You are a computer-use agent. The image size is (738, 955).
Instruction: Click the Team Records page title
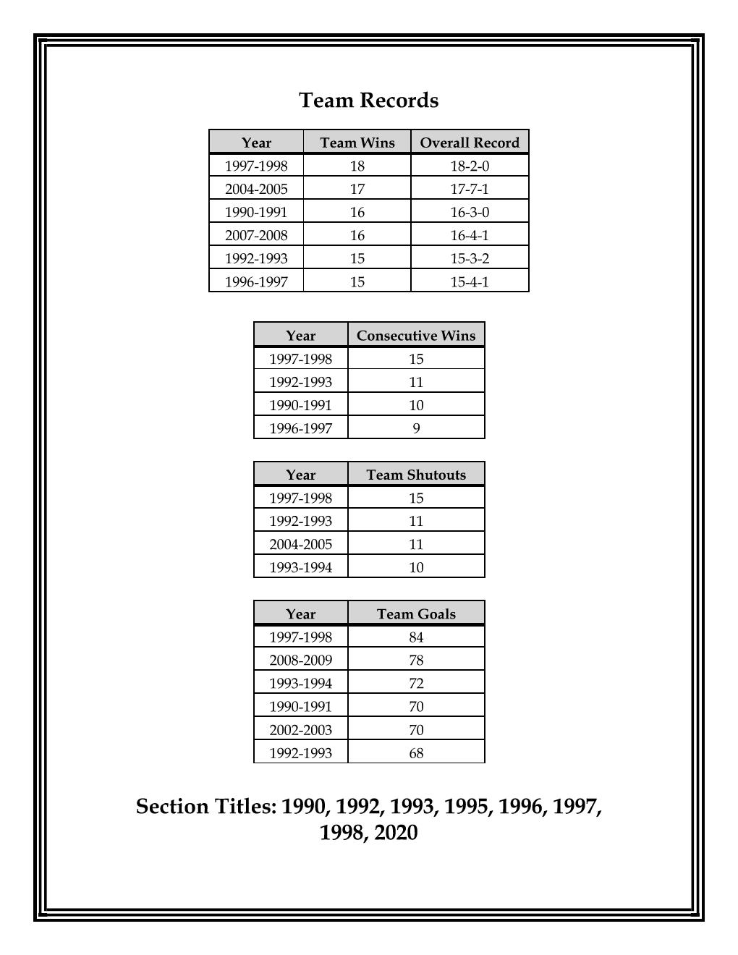pos(368,100)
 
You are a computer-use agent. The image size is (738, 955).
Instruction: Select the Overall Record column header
pos(470,143)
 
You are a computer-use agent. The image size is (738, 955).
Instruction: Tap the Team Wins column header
pos(357,143)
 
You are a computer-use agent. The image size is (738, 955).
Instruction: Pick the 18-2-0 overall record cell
pos(470,166)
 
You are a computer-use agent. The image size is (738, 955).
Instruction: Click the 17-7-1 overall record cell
pos(470,189)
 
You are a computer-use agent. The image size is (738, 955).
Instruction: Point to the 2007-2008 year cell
pos(256,235)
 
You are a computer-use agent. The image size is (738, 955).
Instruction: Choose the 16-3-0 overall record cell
pos(470,212)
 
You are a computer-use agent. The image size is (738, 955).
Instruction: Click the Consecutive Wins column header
pos(416,336)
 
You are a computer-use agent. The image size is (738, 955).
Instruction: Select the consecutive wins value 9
pos(416,428)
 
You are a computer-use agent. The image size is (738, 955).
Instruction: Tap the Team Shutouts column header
pos(416,475)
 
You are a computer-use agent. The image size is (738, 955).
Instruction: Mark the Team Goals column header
pos(416,614)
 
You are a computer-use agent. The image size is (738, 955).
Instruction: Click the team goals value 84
pos(416,637)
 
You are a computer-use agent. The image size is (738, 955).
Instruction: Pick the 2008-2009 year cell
pos(300,660)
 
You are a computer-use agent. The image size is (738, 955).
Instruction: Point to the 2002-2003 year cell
pos(300,729)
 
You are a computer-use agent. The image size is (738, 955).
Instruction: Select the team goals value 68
pos(416,752)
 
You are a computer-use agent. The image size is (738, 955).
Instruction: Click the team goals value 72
pos(416,683)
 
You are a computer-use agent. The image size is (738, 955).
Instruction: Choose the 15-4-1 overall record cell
pos(470,281)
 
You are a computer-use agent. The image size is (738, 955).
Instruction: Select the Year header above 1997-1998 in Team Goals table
pos(300,614)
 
